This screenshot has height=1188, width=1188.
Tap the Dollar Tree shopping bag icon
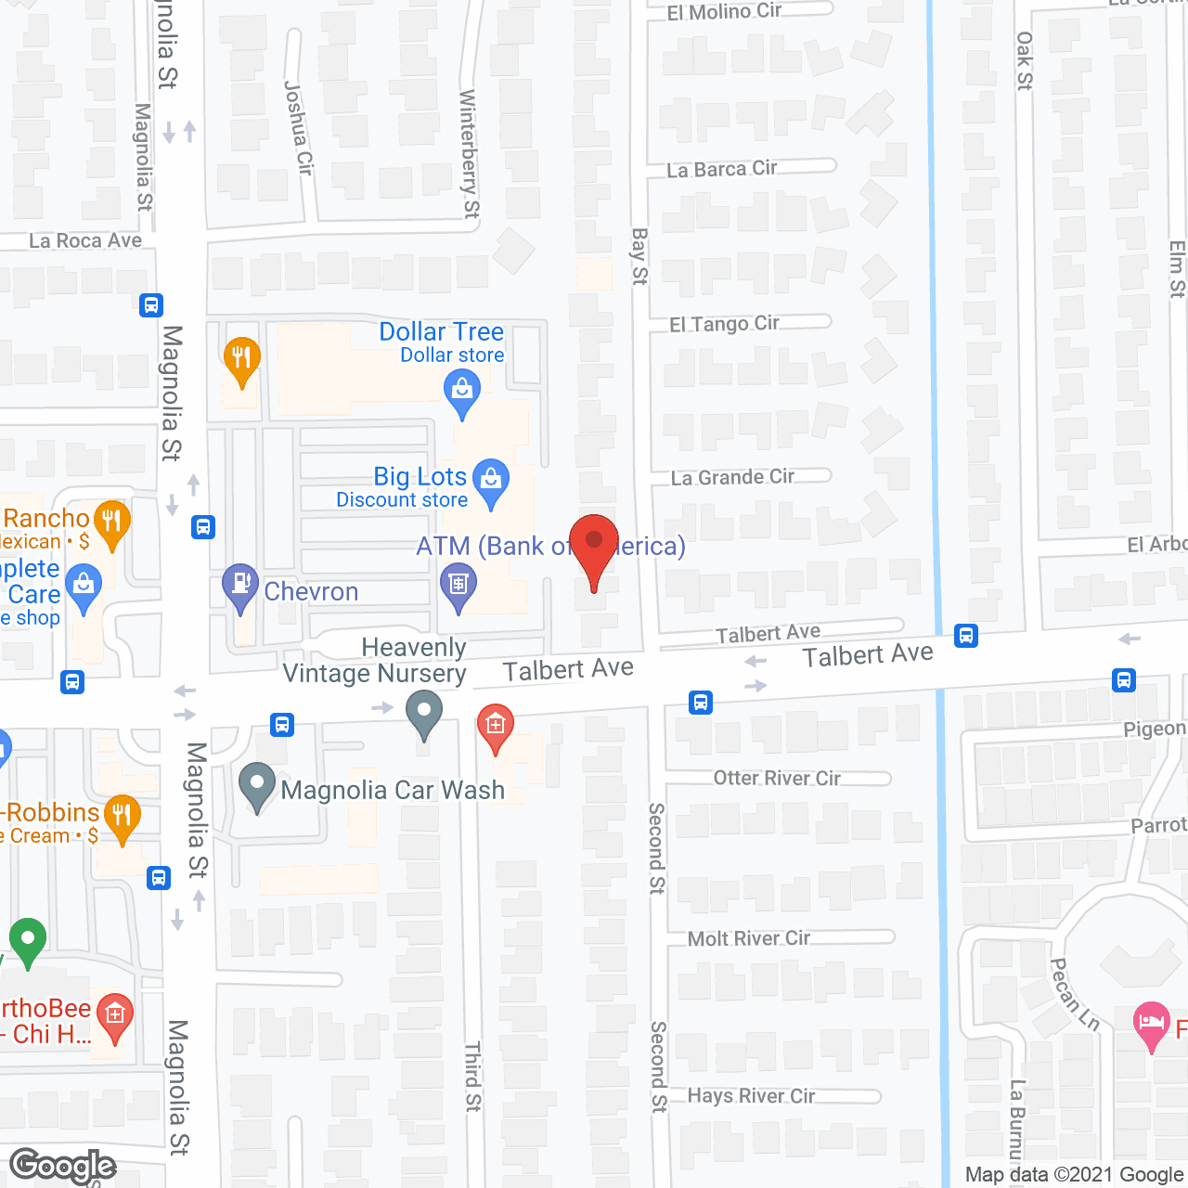tap(461, 391)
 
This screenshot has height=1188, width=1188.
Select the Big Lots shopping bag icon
tap(491, 481)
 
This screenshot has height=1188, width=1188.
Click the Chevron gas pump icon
tap(240, 586)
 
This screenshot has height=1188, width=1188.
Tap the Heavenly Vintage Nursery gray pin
tap(424, 714)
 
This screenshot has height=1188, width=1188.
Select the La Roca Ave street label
tap(85, 241)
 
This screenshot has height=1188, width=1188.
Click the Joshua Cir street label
tap(298, 127)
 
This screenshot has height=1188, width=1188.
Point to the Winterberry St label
tap(470, 154)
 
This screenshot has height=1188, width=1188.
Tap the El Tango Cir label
tap(725, 324)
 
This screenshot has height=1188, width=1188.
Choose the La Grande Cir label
tap(732, 477)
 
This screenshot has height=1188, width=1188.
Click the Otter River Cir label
tap(777, 778)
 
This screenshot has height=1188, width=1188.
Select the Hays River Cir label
tap(751, 1096)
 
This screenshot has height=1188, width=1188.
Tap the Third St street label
tap(473, 1076)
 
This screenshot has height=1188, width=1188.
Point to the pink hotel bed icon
tap(1152, 1025)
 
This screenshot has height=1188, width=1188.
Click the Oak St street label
tap(1024, 61)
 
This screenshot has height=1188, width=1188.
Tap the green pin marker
tap(28, 939)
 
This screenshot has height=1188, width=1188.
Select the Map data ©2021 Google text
tap(1074, 1175)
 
